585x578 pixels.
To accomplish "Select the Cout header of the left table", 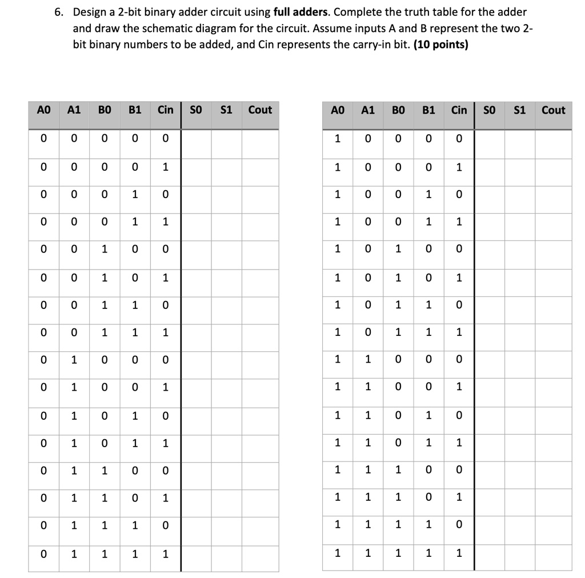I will pyautogui.click(x=260, y=110).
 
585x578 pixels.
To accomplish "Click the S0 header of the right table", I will pyautogui.click(x=490, y=110).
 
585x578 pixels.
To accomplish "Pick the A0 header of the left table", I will pyautogui.click(x=44, y=110).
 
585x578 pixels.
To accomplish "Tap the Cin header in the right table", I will pyautogui.click(x=459, y=110).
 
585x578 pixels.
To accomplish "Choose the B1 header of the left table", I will pyautogui.click(x=135, y=110).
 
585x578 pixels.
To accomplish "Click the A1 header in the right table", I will pyautogui.click(x=368, y=110).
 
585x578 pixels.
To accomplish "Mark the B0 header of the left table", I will pyautogui.click(x=105, y=110).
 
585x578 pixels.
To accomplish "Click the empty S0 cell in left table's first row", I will pyautogui.click(x=196, y=139).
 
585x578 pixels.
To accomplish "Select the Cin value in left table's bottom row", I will pyautogui.click(x=165, y=554).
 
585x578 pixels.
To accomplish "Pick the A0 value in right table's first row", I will pyautogui.click(x=337, y=139).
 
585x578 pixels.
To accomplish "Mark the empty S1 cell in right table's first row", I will pyautogui.click(x=520, y=139).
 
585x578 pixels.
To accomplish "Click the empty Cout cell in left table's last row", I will pyautogui.click(x=260, y=554).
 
